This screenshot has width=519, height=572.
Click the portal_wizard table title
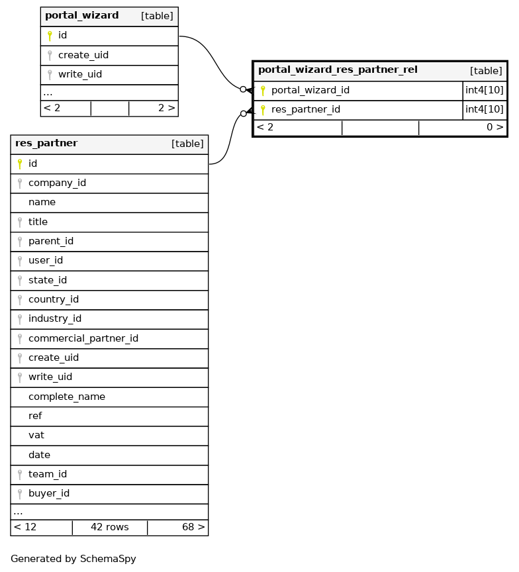pos(82,16)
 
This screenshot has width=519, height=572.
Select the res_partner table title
pos(46,144)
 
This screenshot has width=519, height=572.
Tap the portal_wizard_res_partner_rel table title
pos(338,70)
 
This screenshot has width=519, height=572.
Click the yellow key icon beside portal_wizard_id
pos(263,91)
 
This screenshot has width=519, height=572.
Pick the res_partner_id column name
pos(306,110)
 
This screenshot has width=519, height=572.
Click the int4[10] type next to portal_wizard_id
pos(485,91)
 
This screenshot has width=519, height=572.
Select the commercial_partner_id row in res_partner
pos(83,338)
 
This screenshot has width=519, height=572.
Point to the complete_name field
pos(67,397)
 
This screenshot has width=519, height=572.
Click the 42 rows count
pos(109,527)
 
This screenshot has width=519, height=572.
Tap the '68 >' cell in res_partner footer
pos(193,527)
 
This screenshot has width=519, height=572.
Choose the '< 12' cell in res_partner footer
pos(25,527)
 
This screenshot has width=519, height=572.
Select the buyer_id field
pos(49,493)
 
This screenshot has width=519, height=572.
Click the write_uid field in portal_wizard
pos(80,74)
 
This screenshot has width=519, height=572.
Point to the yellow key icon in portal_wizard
pos(50,36)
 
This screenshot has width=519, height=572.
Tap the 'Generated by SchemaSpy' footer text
pos(73,559)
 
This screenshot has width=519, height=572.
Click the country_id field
pos(54,299)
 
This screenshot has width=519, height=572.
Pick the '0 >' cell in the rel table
pos(495,127)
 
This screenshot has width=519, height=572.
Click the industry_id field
pos(55,318)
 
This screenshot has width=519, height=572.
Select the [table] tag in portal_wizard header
pos(157,16)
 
